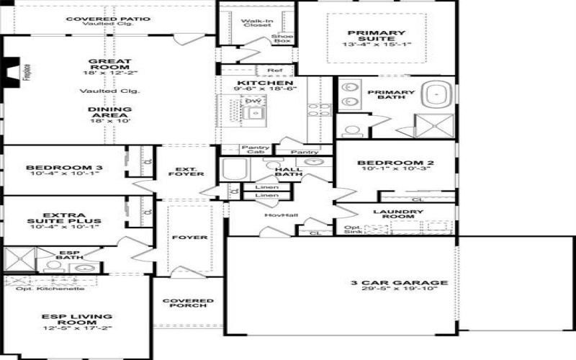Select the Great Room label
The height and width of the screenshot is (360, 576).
click(108, 67)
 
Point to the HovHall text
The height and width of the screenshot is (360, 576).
click(281, 215)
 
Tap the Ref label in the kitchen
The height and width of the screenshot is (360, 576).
click(274, 71)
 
